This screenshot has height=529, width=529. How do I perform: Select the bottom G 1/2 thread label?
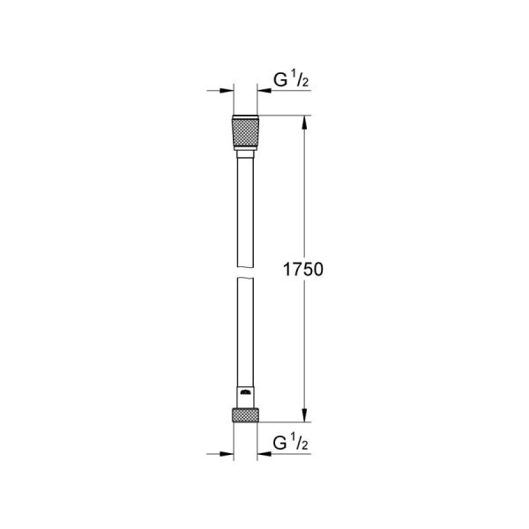(288, 441)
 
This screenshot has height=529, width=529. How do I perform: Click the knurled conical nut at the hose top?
(245, 133)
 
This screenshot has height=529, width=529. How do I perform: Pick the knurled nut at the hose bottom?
(245, 414)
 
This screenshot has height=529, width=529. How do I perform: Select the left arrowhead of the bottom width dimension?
(227, 455)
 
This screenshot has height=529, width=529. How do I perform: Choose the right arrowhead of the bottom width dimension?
(263, 455)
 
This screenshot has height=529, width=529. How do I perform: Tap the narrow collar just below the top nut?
(245, 153)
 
